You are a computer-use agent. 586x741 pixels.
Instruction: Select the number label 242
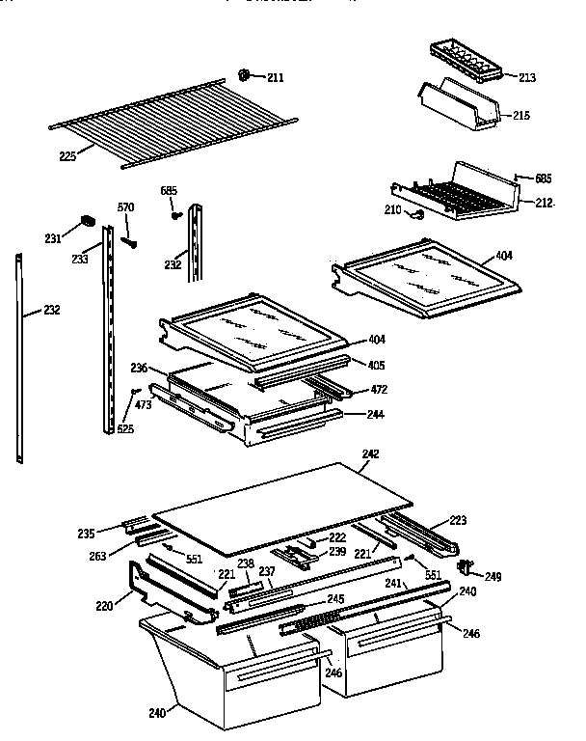tap(370, 453)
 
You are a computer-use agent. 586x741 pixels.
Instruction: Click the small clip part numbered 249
tap(468, 565)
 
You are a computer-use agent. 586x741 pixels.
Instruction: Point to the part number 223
tap(457, 520)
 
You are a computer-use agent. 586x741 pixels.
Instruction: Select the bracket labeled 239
tap(297, 554)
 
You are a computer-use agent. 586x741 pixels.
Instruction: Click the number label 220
tap(105, 607)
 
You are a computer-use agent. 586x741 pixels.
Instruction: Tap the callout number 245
tap(335, 599)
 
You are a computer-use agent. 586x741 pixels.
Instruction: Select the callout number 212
tap(545, 203)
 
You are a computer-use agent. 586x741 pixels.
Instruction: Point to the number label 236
tap(139, 368)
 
